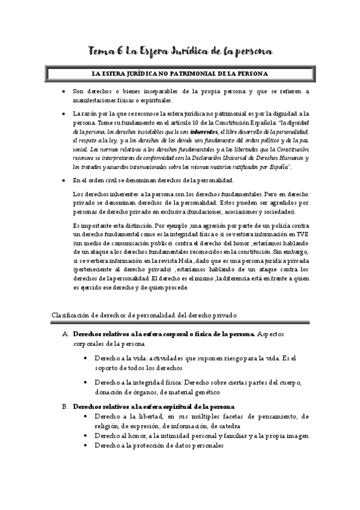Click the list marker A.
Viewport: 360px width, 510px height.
64,333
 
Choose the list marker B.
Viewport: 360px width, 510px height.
64,407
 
